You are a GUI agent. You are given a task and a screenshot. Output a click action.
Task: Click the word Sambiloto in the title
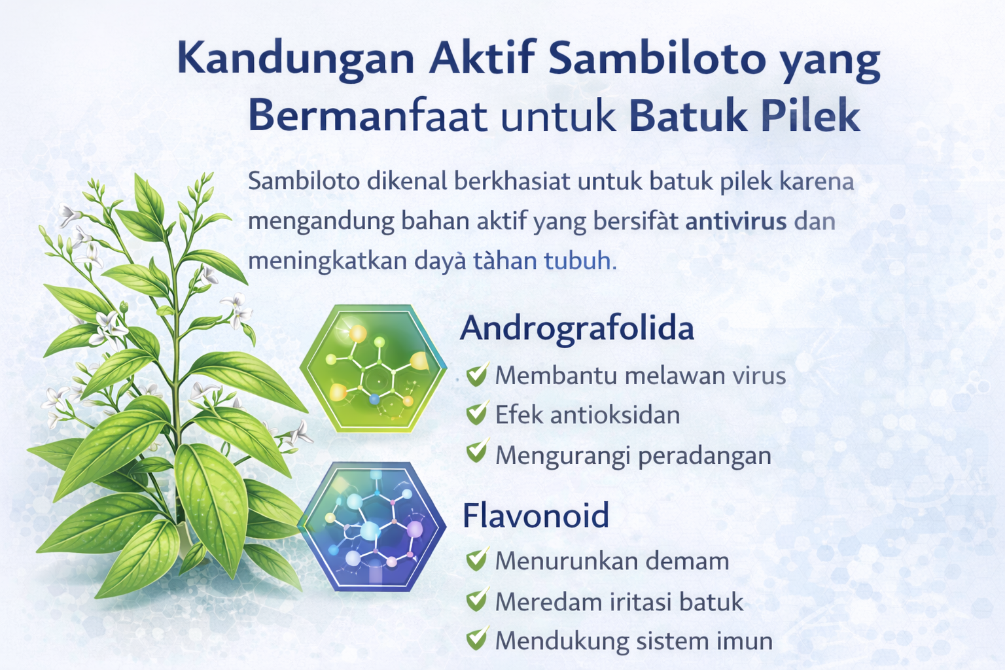tap(657, 59)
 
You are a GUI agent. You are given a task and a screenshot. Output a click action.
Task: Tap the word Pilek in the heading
tap(810, 116)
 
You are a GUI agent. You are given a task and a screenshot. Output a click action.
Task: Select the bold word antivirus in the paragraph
tap(735, 221)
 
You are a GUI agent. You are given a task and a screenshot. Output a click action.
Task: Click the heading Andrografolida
tap(576, 328)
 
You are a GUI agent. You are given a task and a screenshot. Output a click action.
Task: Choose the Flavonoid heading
tap(536, 515)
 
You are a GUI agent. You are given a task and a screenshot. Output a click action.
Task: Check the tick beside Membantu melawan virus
tap(477, 375)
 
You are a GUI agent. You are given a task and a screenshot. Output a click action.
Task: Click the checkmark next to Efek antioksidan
tap(477, 414)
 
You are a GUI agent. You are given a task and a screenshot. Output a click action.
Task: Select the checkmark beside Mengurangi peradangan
tap(477, 452)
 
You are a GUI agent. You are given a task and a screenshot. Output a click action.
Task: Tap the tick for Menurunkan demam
tap(477, 560)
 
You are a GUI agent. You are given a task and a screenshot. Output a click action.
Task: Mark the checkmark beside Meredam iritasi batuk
tap(477, 600)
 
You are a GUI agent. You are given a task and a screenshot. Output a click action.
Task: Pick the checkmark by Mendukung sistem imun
tap(477, 639)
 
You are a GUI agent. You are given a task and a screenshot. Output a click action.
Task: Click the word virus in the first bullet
tap(759, 376)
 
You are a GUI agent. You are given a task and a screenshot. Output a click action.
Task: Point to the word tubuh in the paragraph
tap(578, 261)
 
